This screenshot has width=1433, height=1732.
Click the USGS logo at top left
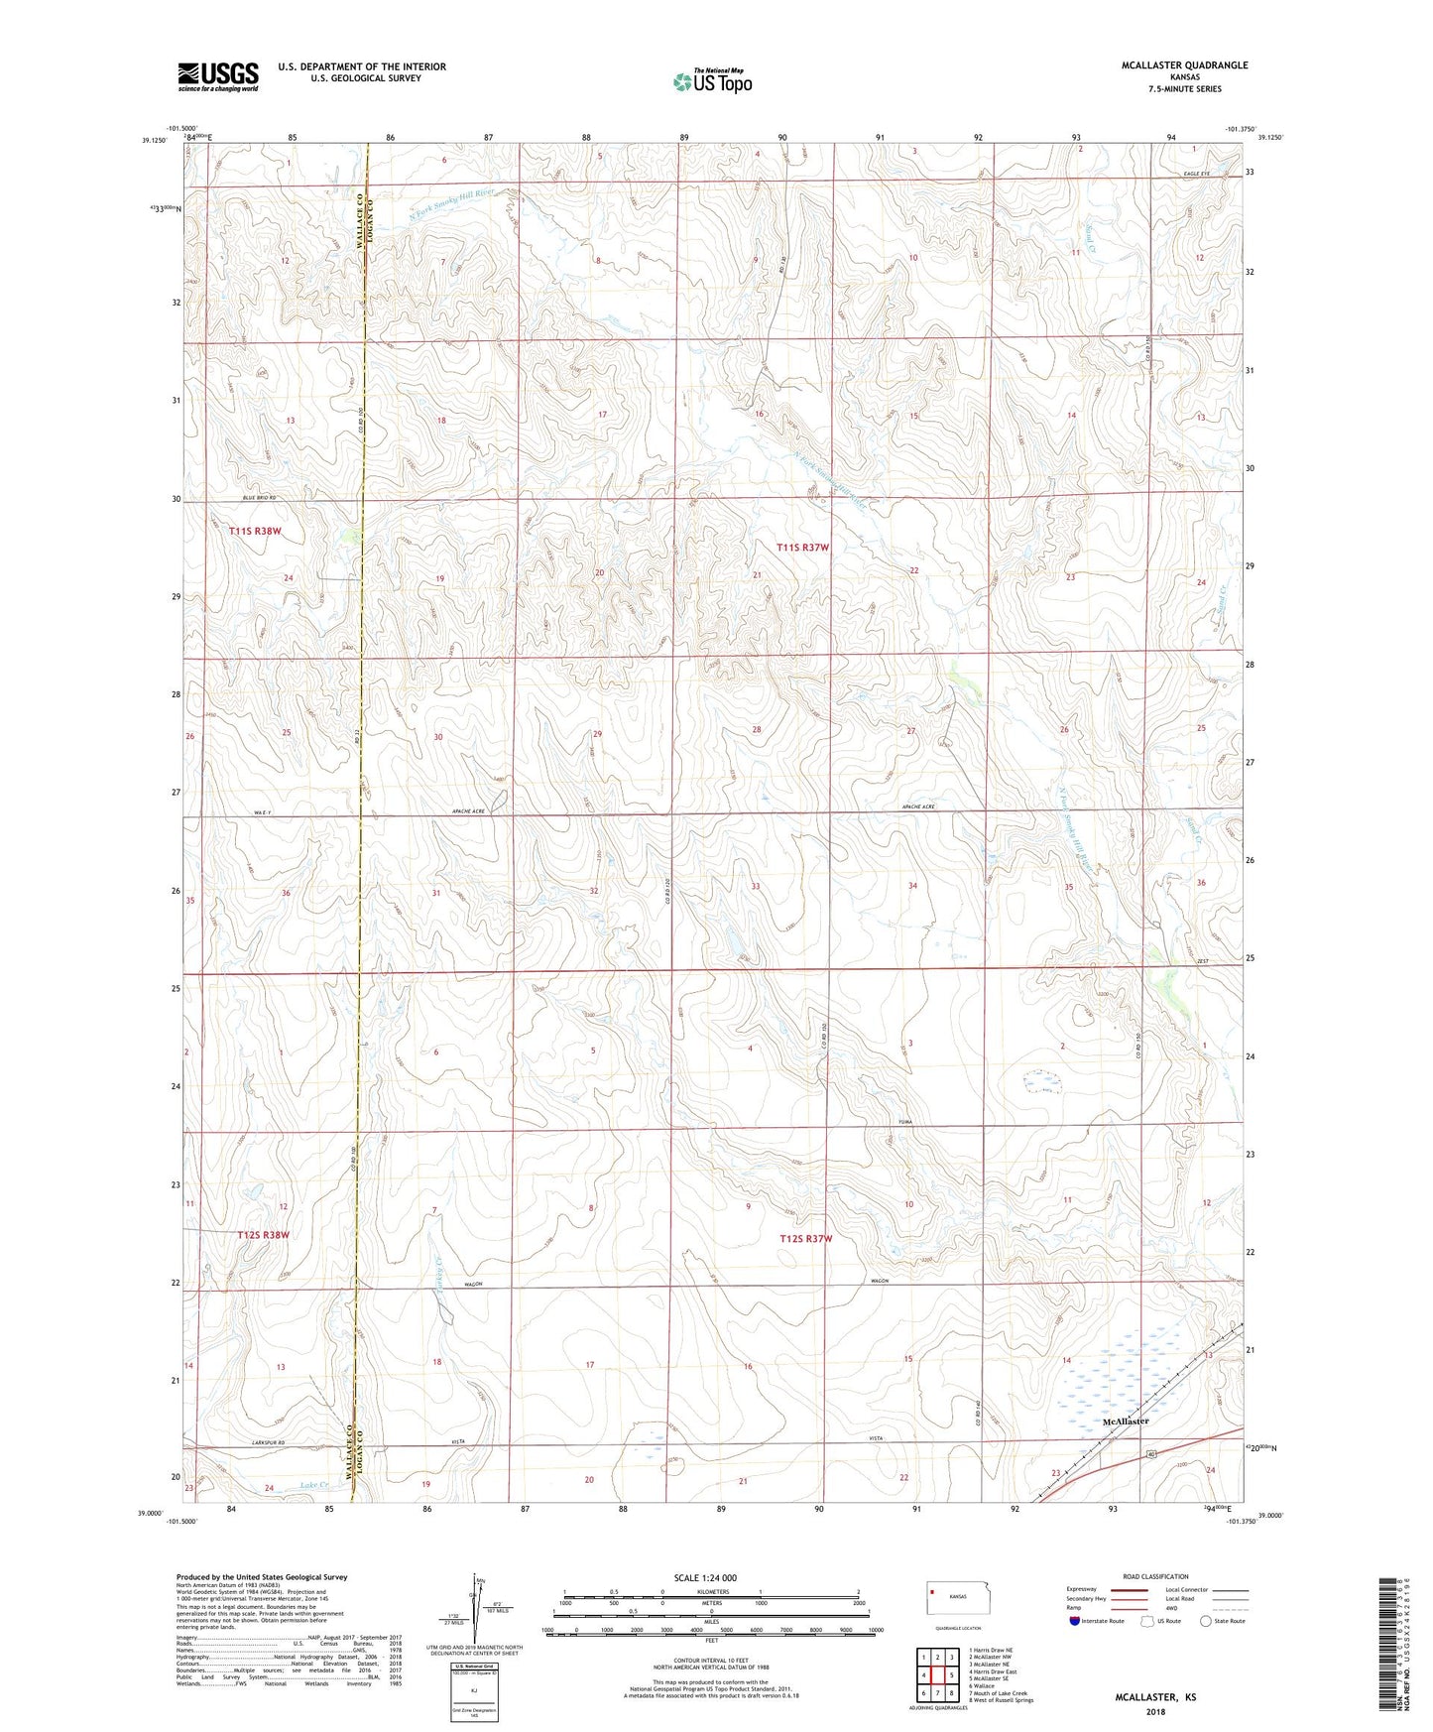[218, 75]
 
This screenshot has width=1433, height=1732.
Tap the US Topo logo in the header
[712, 80]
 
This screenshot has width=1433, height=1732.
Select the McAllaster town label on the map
[1126, 1421]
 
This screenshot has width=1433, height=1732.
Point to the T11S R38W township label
[255, 531]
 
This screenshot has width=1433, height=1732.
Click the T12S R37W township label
[805, 1238]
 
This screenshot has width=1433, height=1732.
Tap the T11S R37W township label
[802, 548]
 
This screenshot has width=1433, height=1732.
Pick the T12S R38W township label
[264, 1235]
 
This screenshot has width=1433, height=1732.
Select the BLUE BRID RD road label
[258, 498]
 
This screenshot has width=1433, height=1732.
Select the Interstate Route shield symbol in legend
[1075, 1621]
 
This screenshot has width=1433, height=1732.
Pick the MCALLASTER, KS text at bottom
[1155, 1697]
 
